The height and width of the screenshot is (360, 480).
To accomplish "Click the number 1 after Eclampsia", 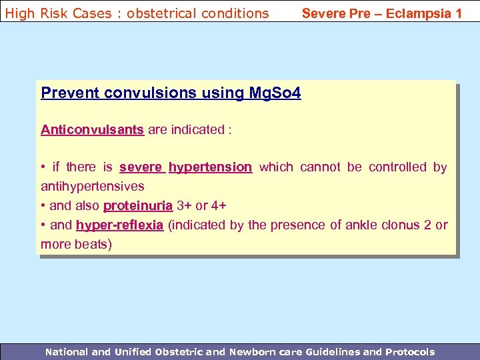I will pyautogui.click(x=458, y=13).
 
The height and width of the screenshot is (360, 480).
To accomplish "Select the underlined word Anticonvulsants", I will pyautogui.click(x=92, y=129).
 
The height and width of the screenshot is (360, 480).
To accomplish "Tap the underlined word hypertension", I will pyautogui.click(x=210, y=167).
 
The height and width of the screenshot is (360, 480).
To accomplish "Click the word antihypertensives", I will pyautogui.click(x=93, y=185).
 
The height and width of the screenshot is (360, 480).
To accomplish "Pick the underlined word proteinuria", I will pyautogui.click(x=138, y=205).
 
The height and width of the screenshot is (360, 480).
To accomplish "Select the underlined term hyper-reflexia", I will pyautogui.click(x=119, y=225).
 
